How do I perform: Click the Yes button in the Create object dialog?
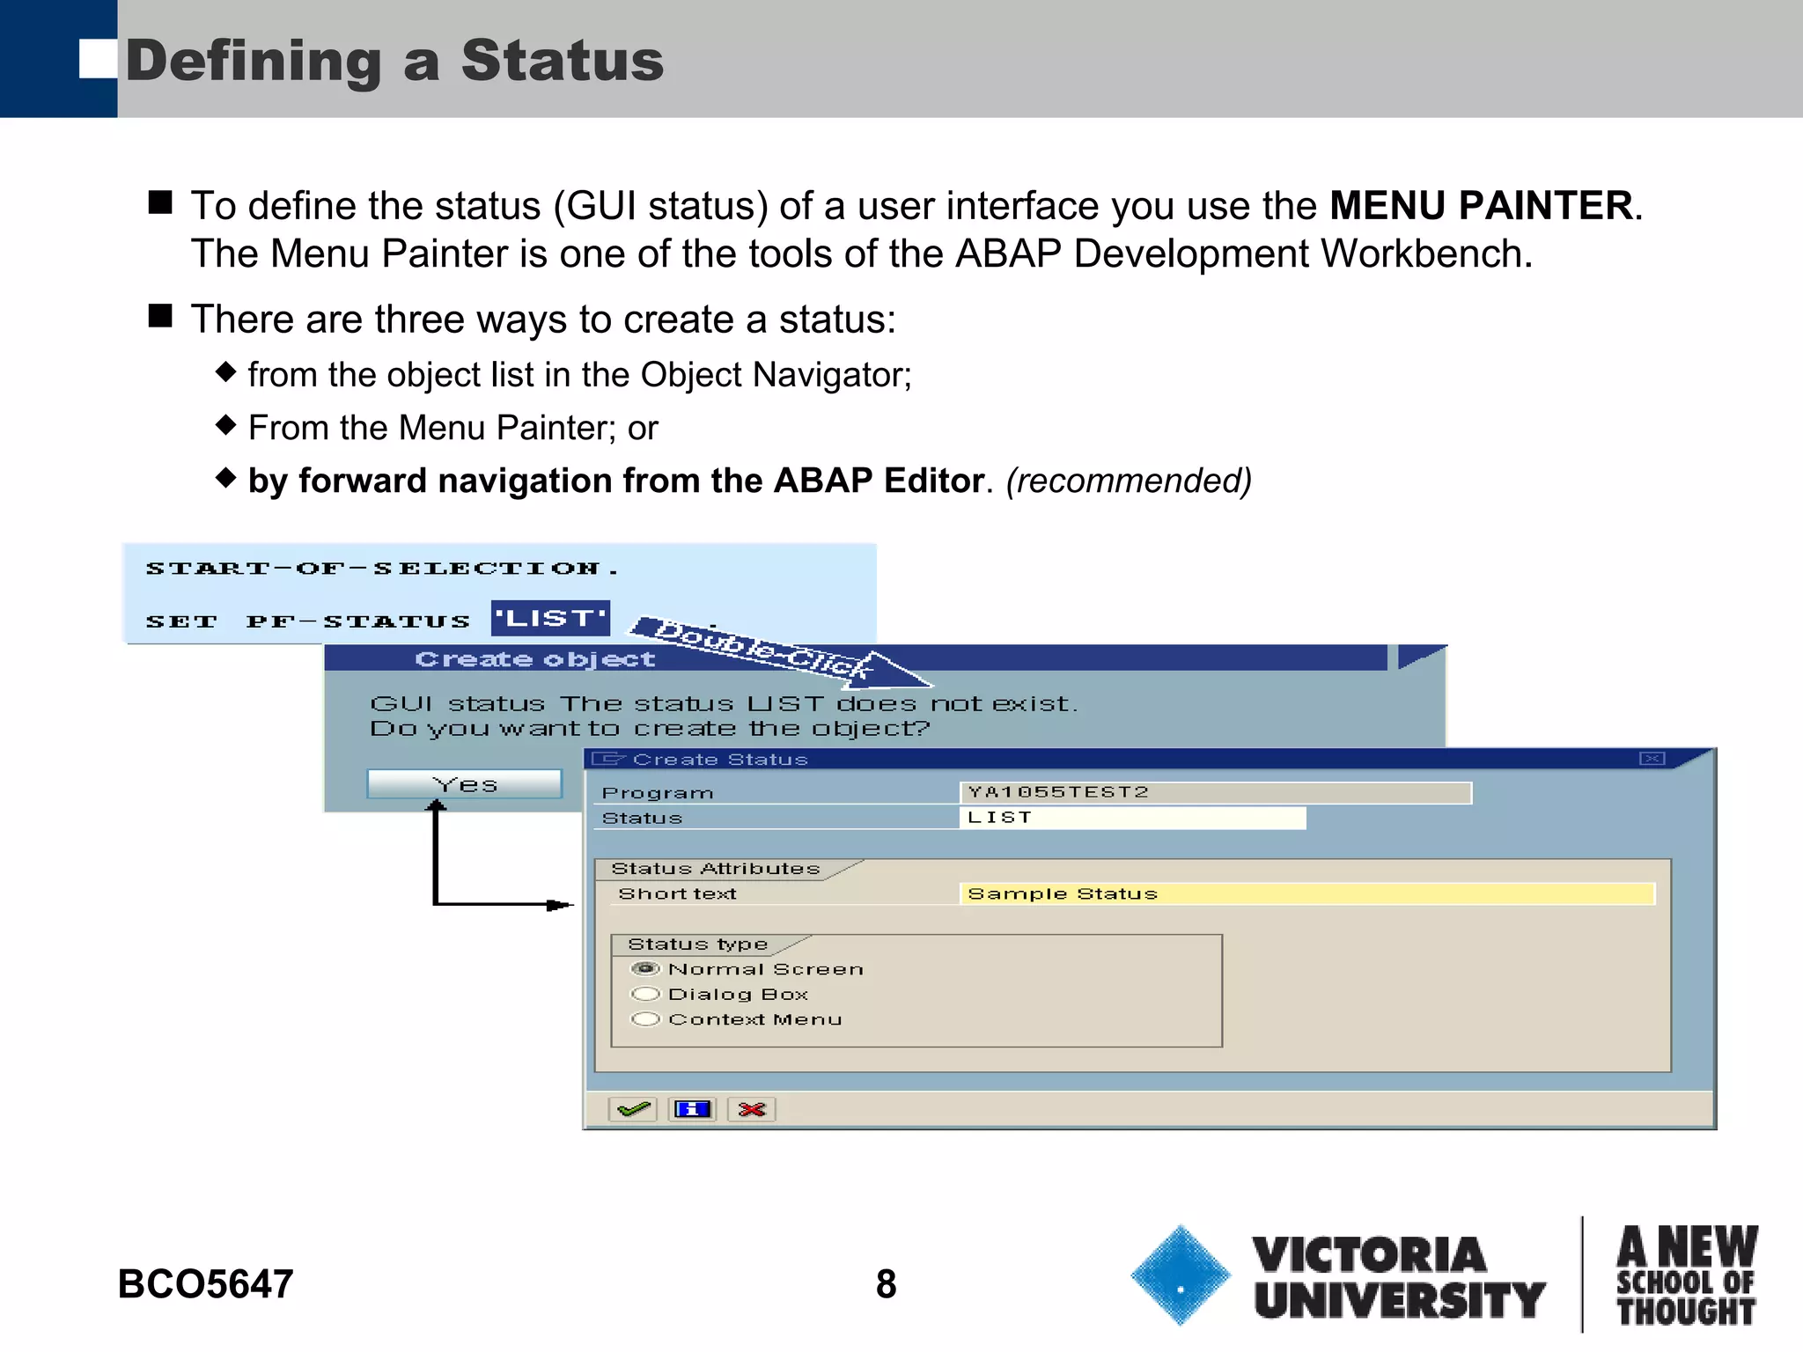464,783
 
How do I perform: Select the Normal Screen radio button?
646,969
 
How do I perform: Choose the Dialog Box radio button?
646,994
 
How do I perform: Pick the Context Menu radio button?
646,1019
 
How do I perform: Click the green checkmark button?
633,1109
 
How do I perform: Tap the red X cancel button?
752,1109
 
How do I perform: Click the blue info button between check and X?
692,1109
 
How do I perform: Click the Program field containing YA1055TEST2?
1215,792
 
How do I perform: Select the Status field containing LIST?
1131,818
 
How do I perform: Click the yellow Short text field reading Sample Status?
1307,893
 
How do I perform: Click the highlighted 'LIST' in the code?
550,619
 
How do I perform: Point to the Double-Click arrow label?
766,650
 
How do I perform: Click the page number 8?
886,1283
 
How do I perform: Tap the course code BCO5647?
205,1283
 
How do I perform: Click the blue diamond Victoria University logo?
1180,1275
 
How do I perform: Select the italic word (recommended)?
1129,481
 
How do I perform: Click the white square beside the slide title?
97,60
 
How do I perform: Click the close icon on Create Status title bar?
1652,759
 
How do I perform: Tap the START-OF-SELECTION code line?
382,569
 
